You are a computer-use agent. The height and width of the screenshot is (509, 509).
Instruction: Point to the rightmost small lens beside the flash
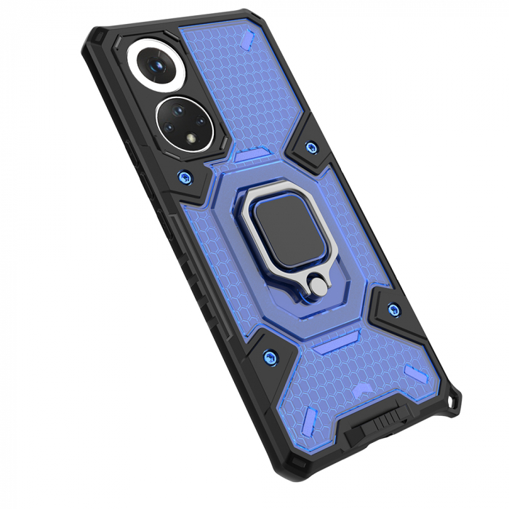coord(203,119)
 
